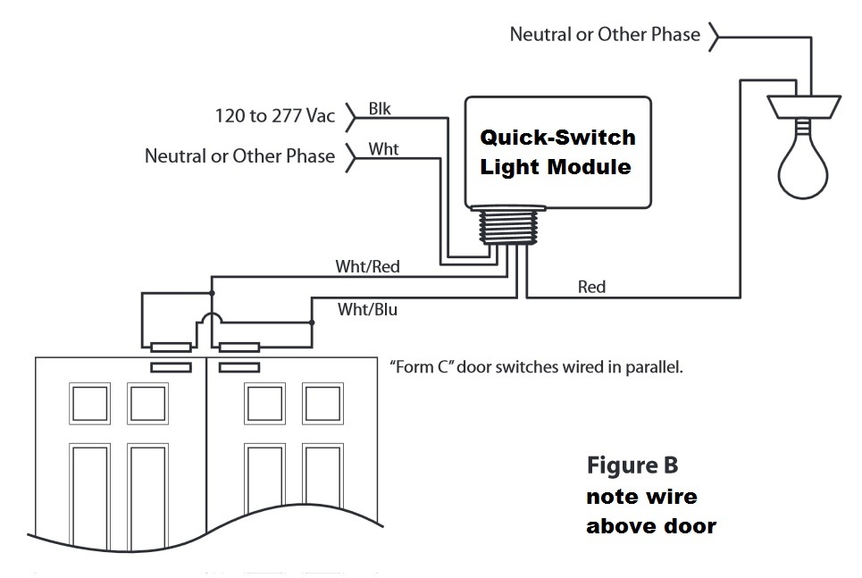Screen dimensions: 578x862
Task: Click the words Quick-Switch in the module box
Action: tap(558, 138)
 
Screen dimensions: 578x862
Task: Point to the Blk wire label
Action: tap(380, 109)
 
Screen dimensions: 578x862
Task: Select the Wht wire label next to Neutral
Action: tap(384, 149)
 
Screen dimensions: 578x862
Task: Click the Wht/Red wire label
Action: tap(367, 266)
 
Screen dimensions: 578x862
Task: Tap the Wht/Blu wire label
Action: tap(367, 310)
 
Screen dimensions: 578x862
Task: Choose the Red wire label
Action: tap(591, 287)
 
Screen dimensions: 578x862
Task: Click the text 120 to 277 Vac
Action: tap(274, 115)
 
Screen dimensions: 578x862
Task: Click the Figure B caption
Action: tap(632, 465)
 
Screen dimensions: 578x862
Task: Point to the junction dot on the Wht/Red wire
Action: tap(212, 292)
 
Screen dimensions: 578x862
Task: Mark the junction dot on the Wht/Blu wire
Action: tap(312, 323)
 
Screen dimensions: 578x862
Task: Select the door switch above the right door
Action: tap(239, 348)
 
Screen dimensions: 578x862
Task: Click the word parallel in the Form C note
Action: tap(656, 366)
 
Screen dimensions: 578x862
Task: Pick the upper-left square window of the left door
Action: tap(88, 403)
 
